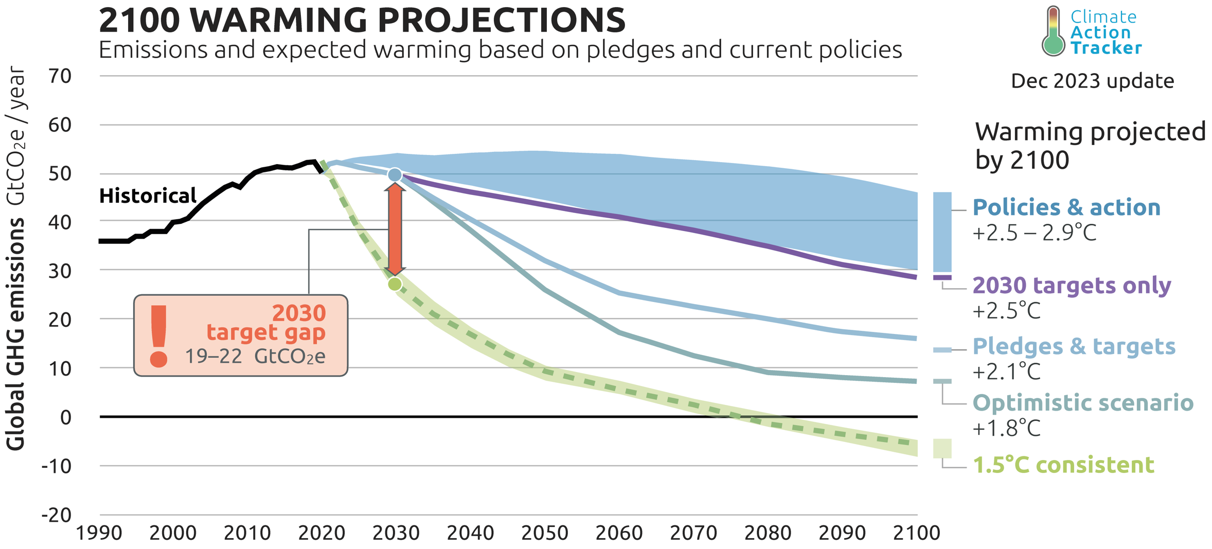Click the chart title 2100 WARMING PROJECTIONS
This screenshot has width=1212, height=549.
tap(362, 21)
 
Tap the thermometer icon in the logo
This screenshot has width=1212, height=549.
tap(1053, 32)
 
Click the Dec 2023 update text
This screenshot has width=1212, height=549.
tap(1092, 81)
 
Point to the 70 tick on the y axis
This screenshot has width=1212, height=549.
tap(60, 76)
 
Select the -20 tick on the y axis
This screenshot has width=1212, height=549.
tap(57, 515)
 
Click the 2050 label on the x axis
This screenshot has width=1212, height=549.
tap(544, 533)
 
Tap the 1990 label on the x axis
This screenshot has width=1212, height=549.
tap(99, 533)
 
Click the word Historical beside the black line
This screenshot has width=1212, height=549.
tap(148, 196)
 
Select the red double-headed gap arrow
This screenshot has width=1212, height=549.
tap(395, 229)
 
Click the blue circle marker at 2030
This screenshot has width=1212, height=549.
tap(395, 175)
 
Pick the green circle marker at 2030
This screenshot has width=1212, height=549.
tap(395, 284)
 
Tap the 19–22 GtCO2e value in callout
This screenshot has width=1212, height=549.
tap(255, 357)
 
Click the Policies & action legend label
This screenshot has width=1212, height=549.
tap(1066, 207)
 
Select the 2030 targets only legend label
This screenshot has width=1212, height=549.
tap(1072, 285)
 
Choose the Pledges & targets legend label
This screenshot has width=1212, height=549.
tap(1074, 346)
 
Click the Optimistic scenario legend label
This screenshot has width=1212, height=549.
tap(1083, 403)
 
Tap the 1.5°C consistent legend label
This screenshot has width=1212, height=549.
tap(1063, 465)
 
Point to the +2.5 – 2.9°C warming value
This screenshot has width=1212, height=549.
tap(1034, 234)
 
